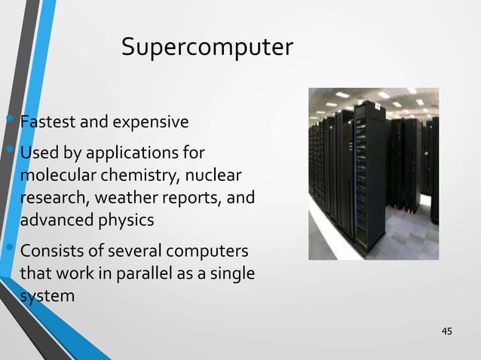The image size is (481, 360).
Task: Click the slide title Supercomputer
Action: pyautogui.click(x=207, y=47)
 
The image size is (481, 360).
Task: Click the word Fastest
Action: pyautogui.click(x=45, y=121)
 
